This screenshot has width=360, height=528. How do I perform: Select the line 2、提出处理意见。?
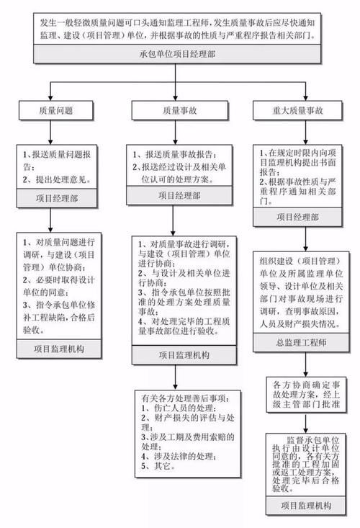(54, 178)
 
